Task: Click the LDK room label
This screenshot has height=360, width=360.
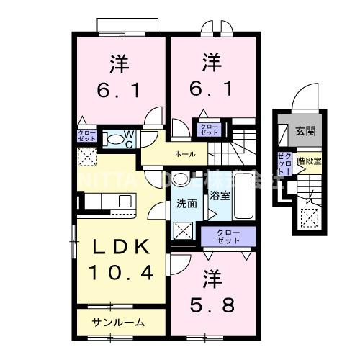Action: coord(121,247)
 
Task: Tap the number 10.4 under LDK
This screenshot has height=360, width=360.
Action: coord(121,273)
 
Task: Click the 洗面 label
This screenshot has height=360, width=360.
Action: coord(186,203)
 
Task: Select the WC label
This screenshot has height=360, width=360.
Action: coord(126,138)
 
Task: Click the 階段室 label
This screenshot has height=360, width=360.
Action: coord(310,163)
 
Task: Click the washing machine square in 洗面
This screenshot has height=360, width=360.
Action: coord(183,230)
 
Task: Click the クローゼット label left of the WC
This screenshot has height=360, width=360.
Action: coord(86,135)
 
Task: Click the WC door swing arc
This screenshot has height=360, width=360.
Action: coord(153,118)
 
